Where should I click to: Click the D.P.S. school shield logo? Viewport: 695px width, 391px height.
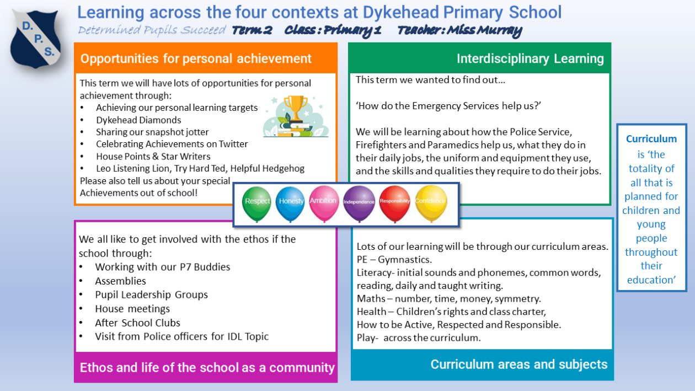coord(36,38)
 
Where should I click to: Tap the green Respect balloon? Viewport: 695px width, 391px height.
coord(257,202)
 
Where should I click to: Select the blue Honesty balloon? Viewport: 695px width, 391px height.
coord(291,202)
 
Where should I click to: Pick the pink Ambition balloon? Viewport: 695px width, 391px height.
coord(323,202)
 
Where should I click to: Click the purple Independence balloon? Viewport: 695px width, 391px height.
coord(359,202)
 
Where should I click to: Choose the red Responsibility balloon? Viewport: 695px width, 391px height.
coord(394,202)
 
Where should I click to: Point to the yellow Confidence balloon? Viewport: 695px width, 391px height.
coord(430,202)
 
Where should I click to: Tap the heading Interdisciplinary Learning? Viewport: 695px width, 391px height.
coord(530,59)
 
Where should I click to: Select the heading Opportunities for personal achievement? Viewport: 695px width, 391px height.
coord(196,59)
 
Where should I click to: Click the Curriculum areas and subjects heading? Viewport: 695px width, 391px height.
coord(518,365)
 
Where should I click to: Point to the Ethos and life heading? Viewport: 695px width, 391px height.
coord(207,368)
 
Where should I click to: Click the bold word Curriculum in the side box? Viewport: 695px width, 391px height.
coord(651,140)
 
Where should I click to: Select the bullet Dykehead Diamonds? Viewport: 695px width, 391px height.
coord(138,120)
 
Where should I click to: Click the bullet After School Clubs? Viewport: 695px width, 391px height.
coord(137,323)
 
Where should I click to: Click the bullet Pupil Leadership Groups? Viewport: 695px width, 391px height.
coord(151,294)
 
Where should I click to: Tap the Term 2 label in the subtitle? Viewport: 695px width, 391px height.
coord(252,31)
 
